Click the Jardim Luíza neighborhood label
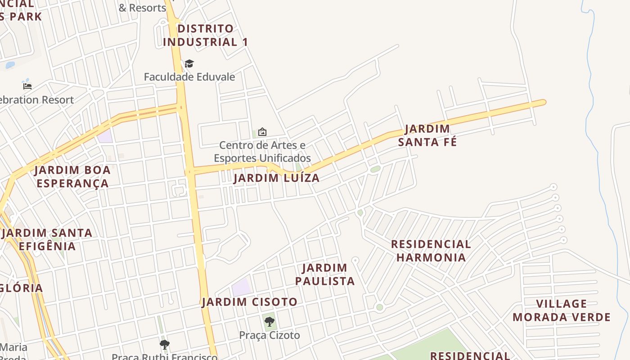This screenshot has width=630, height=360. [277, 178]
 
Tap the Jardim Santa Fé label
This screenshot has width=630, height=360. [427, 135]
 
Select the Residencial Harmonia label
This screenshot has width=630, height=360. [431, 251]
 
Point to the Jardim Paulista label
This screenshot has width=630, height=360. [324, 274]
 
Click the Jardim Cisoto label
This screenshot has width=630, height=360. [250, 302]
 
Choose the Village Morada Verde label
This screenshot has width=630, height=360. [562, 310]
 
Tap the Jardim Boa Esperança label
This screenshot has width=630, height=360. [72, 177]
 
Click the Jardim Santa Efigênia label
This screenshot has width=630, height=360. [47, 239]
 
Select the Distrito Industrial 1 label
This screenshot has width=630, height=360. [205, 35]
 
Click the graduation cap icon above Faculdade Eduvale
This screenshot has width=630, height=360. [189, 64]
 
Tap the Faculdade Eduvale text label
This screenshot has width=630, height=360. [189, 76]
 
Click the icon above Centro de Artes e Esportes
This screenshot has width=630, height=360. [262, 132]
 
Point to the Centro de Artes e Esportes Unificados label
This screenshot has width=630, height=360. [262, 152]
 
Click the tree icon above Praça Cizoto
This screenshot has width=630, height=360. [270, 321]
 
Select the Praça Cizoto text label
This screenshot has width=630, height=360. [270, 335]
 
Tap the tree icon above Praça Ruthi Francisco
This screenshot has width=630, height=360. [165, 345]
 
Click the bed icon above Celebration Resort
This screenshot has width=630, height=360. [27, 85]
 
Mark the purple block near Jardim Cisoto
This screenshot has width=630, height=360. [241, 287]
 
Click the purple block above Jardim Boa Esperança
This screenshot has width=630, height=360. [105, 136]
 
